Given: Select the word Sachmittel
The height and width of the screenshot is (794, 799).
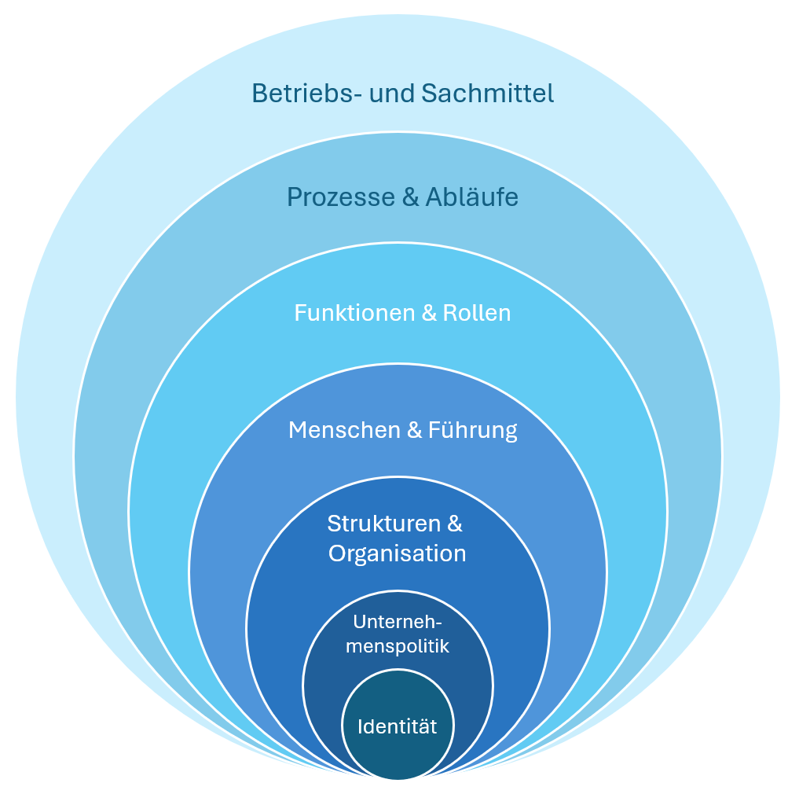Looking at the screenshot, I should click(487, 94).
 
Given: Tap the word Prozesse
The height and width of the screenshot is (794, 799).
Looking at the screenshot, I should click(342, 197).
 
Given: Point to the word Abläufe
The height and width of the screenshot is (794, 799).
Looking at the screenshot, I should click(472, 197).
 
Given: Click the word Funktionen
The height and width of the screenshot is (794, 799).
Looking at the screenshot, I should click(355, 313).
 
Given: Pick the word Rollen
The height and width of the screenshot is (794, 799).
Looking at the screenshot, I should click(477, 313).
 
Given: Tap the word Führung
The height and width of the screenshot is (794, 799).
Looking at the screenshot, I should click(472, 430).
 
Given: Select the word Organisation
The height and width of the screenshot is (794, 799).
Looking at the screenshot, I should click(398, 553).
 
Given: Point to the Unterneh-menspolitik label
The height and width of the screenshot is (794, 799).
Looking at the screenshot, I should click(398, 634).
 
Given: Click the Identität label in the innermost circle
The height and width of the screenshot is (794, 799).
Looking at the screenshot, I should click(398, 726).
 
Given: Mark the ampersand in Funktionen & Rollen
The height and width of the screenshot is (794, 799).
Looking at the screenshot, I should click(429, 313).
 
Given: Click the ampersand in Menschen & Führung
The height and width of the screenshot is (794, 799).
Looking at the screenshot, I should click(412, 430).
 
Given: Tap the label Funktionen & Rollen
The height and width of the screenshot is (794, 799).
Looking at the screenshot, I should click(402, 313).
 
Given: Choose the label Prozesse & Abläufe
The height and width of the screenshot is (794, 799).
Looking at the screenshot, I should click(402, 197).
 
